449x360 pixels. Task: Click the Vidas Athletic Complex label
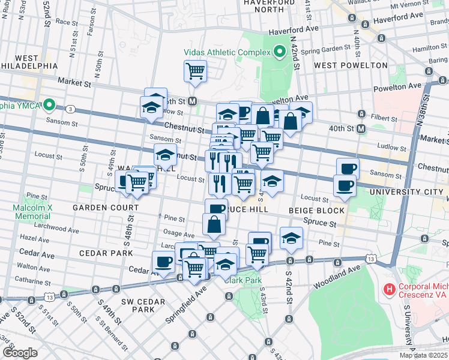point(228,52)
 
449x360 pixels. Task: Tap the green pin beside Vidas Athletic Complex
point(279,52)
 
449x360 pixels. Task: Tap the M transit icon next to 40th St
point(361,128)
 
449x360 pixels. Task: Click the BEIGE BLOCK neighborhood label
point(316,211)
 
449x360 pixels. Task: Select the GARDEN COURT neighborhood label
point(106,208)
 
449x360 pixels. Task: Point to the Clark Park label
point(245,280)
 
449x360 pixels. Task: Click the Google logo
point(20,353)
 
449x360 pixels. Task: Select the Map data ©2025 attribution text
point(423,355)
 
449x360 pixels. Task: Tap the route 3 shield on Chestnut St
point(71,109)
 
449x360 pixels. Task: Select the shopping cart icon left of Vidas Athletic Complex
point(196,71)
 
